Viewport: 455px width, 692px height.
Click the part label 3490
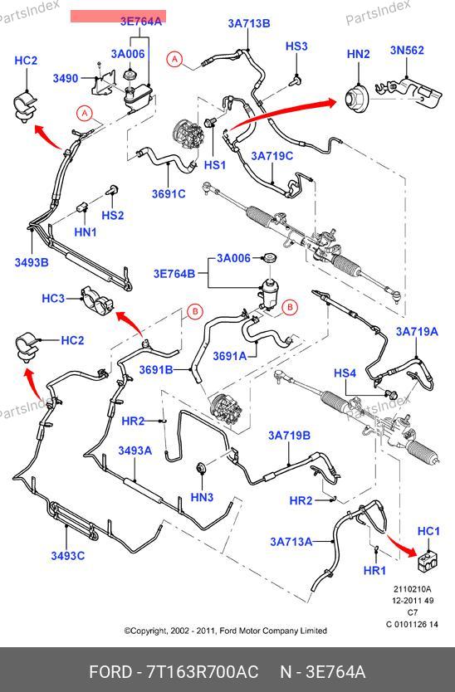click(x=66, y=79)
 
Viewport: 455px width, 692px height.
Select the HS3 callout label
click(x=296, y=46)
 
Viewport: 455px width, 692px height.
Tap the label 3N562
click(x=407, y=51)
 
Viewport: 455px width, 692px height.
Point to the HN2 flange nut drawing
click(x=357, y=98)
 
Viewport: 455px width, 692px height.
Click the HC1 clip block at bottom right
click(x=428, y=559)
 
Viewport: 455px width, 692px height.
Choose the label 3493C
click(x=67, y=556)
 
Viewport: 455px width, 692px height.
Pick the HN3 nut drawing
click(x=202, y=468)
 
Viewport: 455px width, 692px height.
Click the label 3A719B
click(x=289, y=436)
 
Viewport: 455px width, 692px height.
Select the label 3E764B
click(x=174, y=274)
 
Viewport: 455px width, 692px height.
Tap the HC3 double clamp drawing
click(x=97, y=300)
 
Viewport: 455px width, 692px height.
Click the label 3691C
click(x=169, y=194)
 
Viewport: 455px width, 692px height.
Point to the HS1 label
click(x=215, y=165)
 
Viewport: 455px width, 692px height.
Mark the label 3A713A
click(x=291, y=542)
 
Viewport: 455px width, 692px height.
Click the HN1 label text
click(x=86, y=231)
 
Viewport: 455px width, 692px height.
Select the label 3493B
click(x=32, y=262)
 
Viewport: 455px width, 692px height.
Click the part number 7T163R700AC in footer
click(x=203, y=672)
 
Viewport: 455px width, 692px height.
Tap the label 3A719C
click(x=272, y=156)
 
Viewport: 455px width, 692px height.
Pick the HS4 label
click(x=345, y=373)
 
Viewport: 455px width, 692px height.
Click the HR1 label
click(x=374, y=571)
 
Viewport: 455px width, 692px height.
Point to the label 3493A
click(x=135, y=451)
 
